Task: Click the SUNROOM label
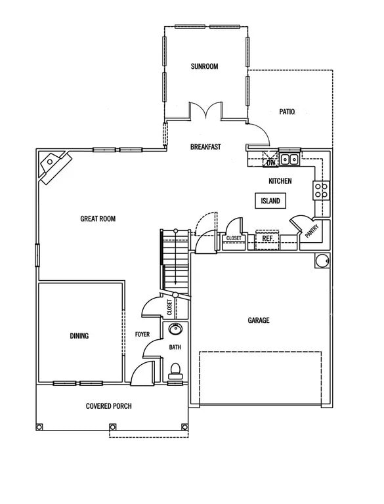pyautogui.click(x=204, y=66)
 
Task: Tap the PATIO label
pyautogui.click(x=287, y=112)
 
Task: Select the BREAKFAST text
pyautogui.click(x=205, y=147)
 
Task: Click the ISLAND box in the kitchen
pyautogui.click(x=270, y=201)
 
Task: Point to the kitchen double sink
pyautogui.click(x=289, y=159)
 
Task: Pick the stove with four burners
pyautogui.click(x=322, y=190)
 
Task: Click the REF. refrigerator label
pyautogui.click(x=267, y=239)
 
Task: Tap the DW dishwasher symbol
pyautogui.click(x=270, y=159)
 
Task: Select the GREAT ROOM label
pyautogui.click(x=98, y=219)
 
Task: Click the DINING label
pyautogui.click(x=79, y=335)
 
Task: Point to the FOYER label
pyautogui.click(x=142, y=335)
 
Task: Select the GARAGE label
pyautogui.click(x=259, y=320)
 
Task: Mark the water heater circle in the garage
pyautogui.click(x=322, y=261)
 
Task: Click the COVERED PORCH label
pyautogui.click(x=109, y=406)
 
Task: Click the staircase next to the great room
pyautogui.click(x=175, y=259)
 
